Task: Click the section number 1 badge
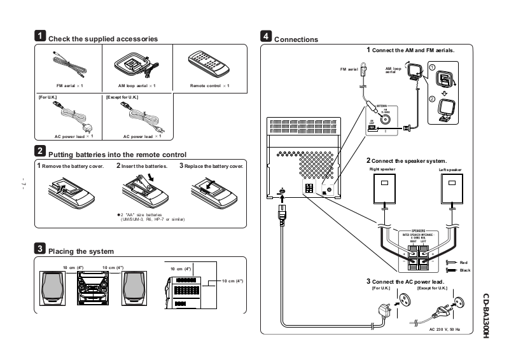coord(39,37)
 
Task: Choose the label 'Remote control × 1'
coord(209,85)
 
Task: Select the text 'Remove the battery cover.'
coord(72,166)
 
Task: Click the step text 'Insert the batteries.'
coord(144,166)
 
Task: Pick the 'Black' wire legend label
coord(464,270)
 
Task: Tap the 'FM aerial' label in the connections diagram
coord(349,69)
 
